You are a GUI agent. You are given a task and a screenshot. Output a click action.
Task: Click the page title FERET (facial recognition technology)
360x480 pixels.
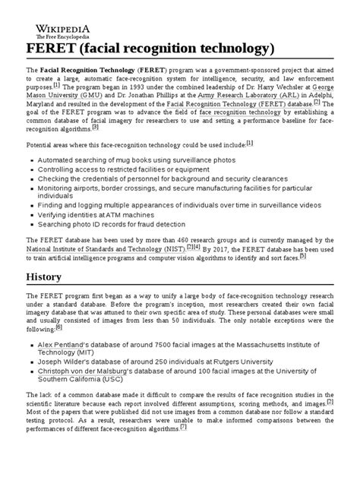pos(150,49)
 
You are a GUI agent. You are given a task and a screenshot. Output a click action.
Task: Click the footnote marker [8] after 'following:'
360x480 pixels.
pos(58,327)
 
